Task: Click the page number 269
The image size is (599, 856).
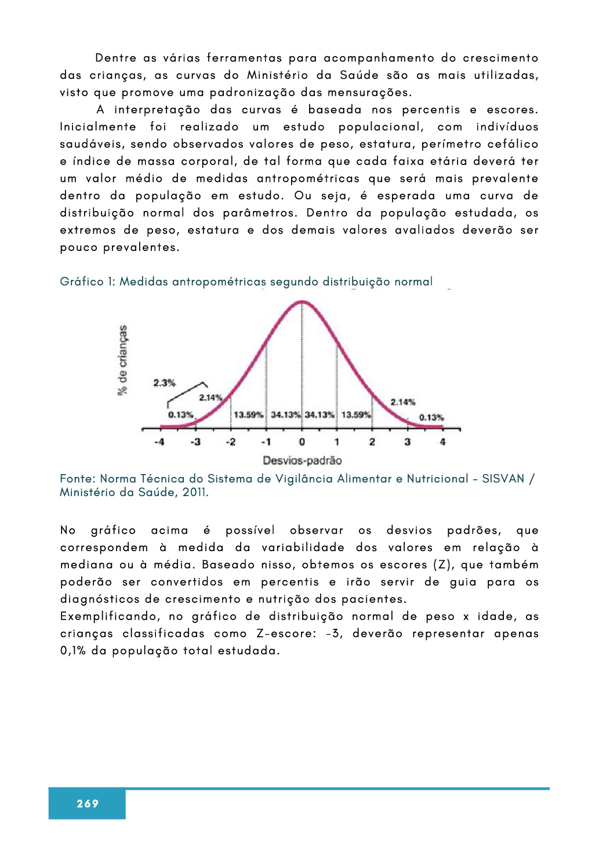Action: [88, 803]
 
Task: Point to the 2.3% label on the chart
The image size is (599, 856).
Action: [164, 383]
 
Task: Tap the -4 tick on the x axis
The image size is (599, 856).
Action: [159, 442]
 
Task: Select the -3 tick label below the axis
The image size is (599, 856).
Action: [195, 442]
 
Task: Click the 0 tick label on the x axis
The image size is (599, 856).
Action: [302, 442]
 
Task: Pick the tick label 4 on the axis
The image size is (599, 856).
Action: [442, 442]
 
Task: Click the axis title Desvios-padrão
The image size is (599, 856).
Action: [302, 461]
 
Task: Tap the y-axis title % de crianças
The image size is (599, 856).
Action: [122, 360]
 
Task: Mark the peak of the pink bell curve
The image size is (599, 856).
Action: [302, 301]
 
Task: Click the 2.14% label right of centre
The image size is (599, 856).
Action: [402, 402]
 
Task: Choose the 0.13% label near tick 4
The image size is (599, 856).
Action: [431, 417]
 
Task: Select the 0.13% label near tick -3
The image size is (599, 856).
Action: [181, 415]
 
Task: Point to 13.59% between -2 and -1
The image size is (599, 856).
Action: [248, 415]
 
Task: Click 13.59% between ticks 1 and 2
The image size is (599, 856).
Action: [355, 415]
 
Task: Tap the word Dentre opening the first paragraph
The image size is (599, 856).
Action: [116, 58]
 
